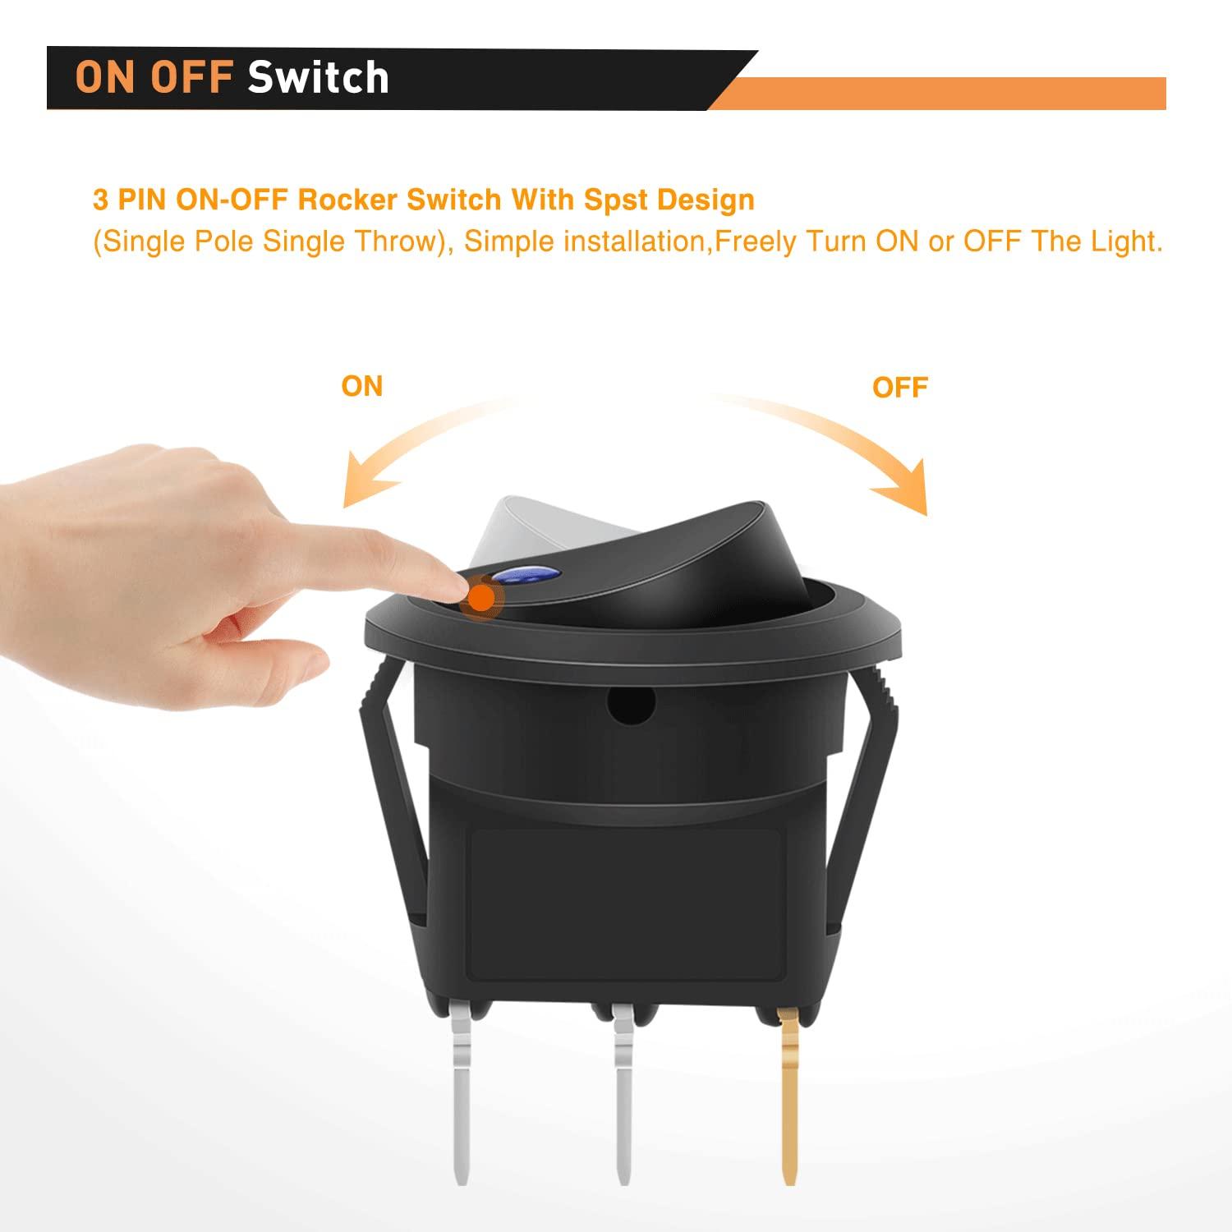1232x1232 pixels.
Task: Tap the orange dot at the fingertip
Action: (x=481, y=597)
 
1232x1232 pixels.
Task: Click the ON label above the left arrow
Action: (x=362, y=386)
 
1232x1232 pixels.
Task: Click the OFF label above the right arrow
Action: (x=900, y=387)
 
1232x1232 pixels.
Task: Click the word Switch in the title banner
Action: (x=319, y=77)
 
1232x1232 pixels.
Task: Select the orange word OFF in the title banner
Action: (x=191, y=77)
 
